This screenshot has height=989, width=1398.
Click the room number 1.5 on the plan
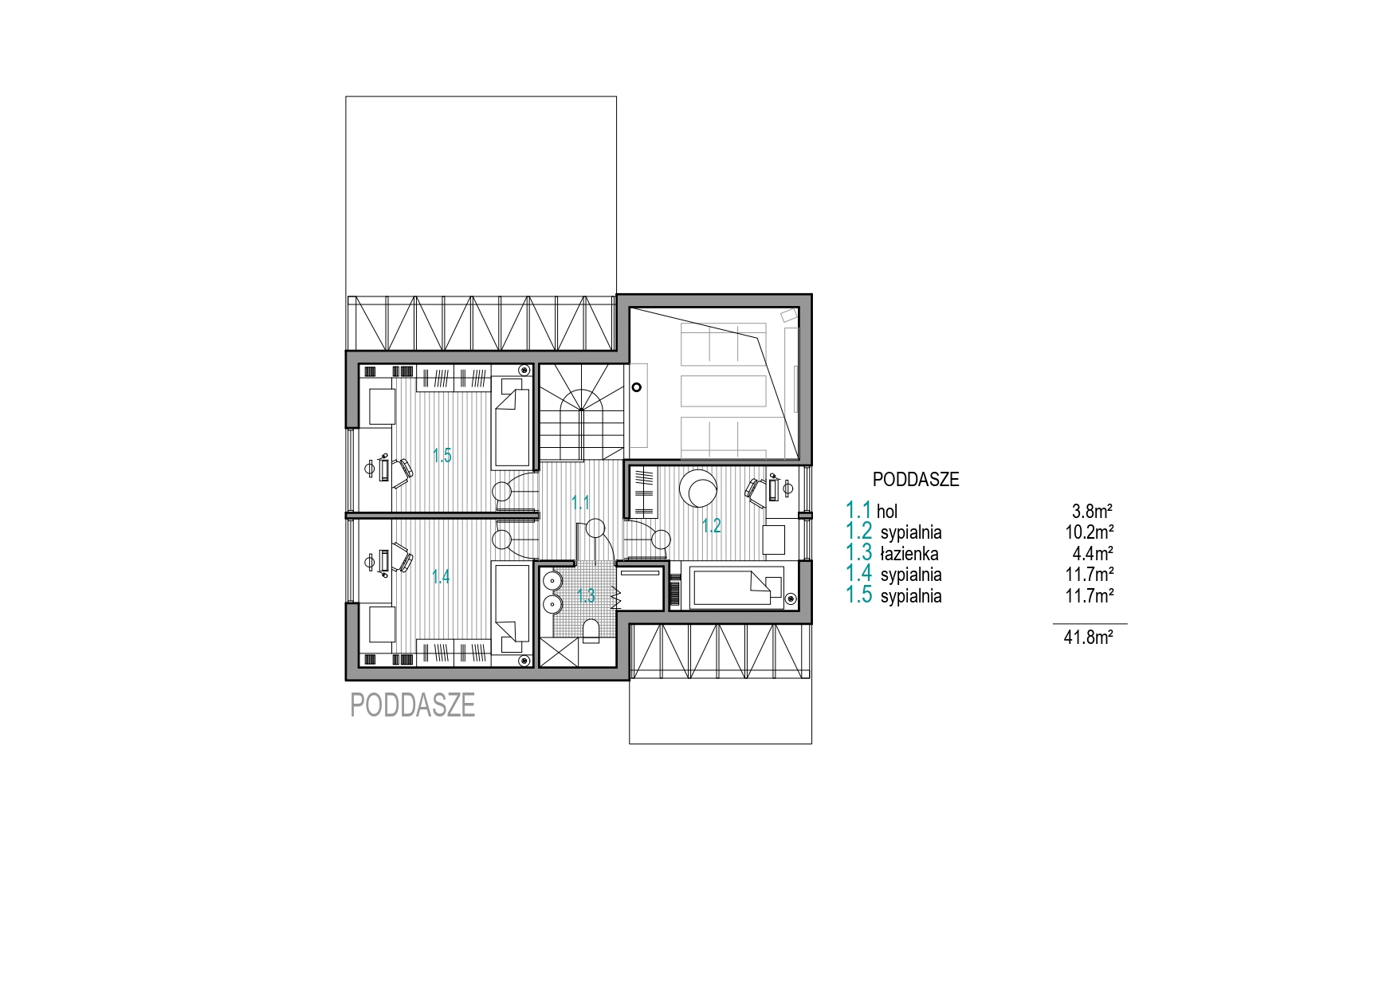(x=442, y=456)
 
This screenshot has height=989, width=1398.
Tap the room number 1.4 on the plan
(x=441, y=576)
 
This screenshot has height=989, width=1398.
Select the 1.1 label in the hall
(x=580, y=503)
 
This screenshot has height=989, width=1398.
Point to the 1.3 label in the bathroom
(x=586, y=595)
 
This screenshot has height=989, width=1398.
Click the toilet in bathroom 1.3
(x=591, y=631)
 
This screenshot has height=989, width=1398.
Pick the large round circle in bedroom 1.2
(x=701, y=488)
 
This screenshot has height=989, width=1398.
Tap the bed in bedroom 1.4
(x=512, y=607)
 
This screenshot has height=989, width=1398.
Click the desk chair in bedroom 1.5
(x=402, y=469)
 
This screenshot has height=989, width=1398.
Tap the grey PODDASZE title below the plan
(x=413, y=705)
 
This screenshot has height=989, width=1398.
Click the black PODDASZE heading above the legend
(x=916, y=480)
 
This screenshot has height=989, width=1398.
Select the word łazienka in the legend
(x=909, y=553)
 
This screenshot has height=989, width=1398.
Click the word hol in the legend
(x=887, y=511)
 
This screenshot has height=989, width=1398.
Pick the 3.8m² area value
(x=1093, y=511)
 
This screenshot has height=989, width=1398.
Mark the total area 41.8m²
(x=1089, y=637)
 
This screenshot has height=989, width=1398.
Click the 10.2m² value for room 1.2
(x=1089, y=532)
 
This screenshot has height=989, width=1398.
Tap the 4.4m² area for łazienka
(x=1093, y=553)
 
